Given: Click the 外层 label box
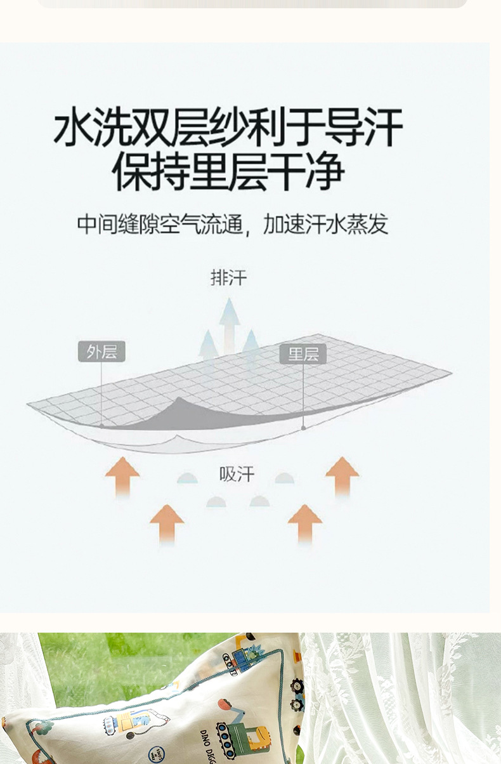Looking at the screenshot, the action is [101, 352].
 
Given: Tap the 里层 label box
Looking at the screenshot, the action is [303, 353].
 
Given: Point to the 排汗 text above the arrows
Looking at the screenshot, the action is [228, 277].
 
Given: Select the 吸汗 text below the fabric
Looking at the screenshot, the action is [237, 474].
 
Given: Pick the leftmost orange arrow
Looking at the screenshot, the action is [122, 476].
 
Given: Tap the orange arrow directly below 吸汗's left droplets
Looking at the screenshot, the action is [167, 524].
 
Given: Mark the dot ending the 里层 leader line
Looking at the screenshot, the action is [303, 428].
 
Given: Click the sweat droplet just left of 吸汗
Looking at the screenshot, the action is [187, 478].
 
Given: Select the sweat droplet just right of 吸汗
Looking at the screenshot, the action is [284, 478].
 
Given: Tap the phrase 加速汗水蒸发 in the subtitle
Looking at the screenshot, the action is [325, 224].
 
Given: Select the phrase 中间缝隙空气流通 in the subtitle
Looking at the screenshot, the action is [160, 224].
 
